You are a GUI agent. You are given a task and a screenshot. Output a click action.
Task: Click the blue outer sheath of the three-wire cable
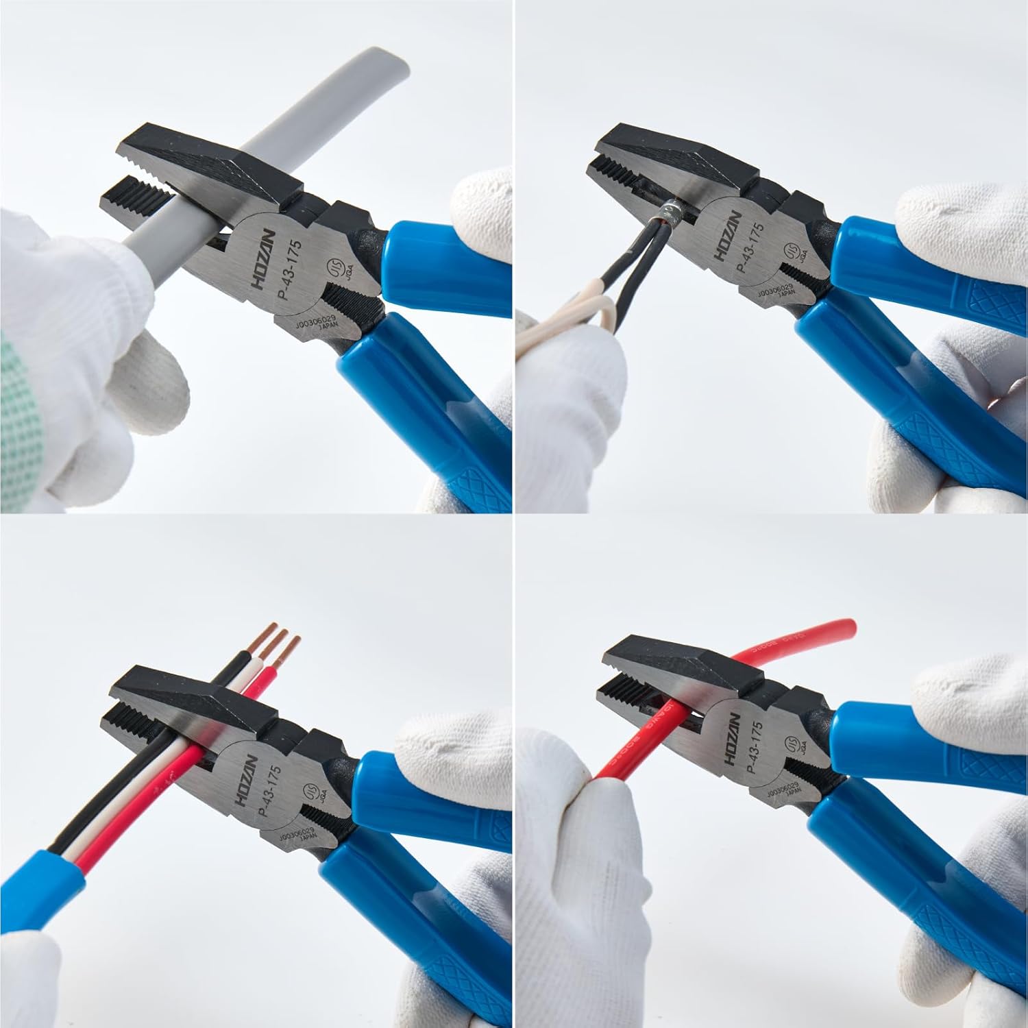[x=51, y=884]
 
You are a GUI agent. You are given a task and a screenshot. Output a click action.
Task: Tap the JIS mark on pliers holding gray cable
[x=337, y=266]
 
